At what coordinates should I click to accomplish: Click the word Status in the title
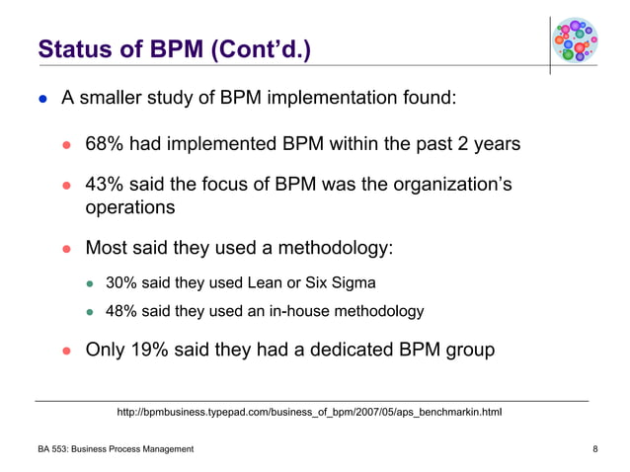72,48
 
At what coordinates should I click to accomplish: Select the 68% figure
105,145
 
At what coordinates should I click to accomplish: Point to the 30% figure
121,283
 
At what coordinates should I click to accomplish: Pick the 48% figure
121,311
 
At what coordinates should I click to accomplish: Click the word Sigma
354,283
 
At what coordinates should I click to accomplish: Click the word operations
130,207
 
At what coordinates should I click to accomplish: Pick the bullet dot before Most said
69,248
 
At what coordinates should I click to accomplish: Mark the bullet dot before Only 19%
69,351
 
